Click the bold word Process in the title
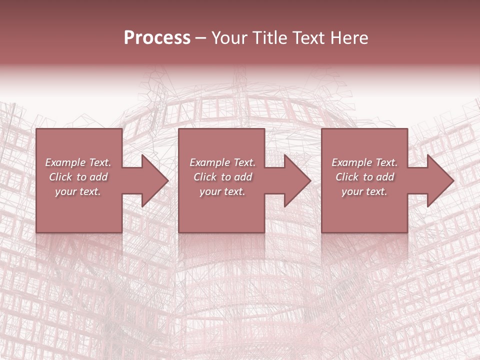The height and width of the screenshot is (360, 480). click(x=157, y=38)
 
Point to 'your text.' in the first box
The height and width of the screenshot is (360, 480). click(x=78, y=191)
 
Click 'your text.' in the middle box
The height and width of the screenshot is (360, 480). click(x=222, y=191)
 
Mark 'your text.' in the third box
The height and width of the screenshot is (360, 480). click(x=364, y=191)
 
